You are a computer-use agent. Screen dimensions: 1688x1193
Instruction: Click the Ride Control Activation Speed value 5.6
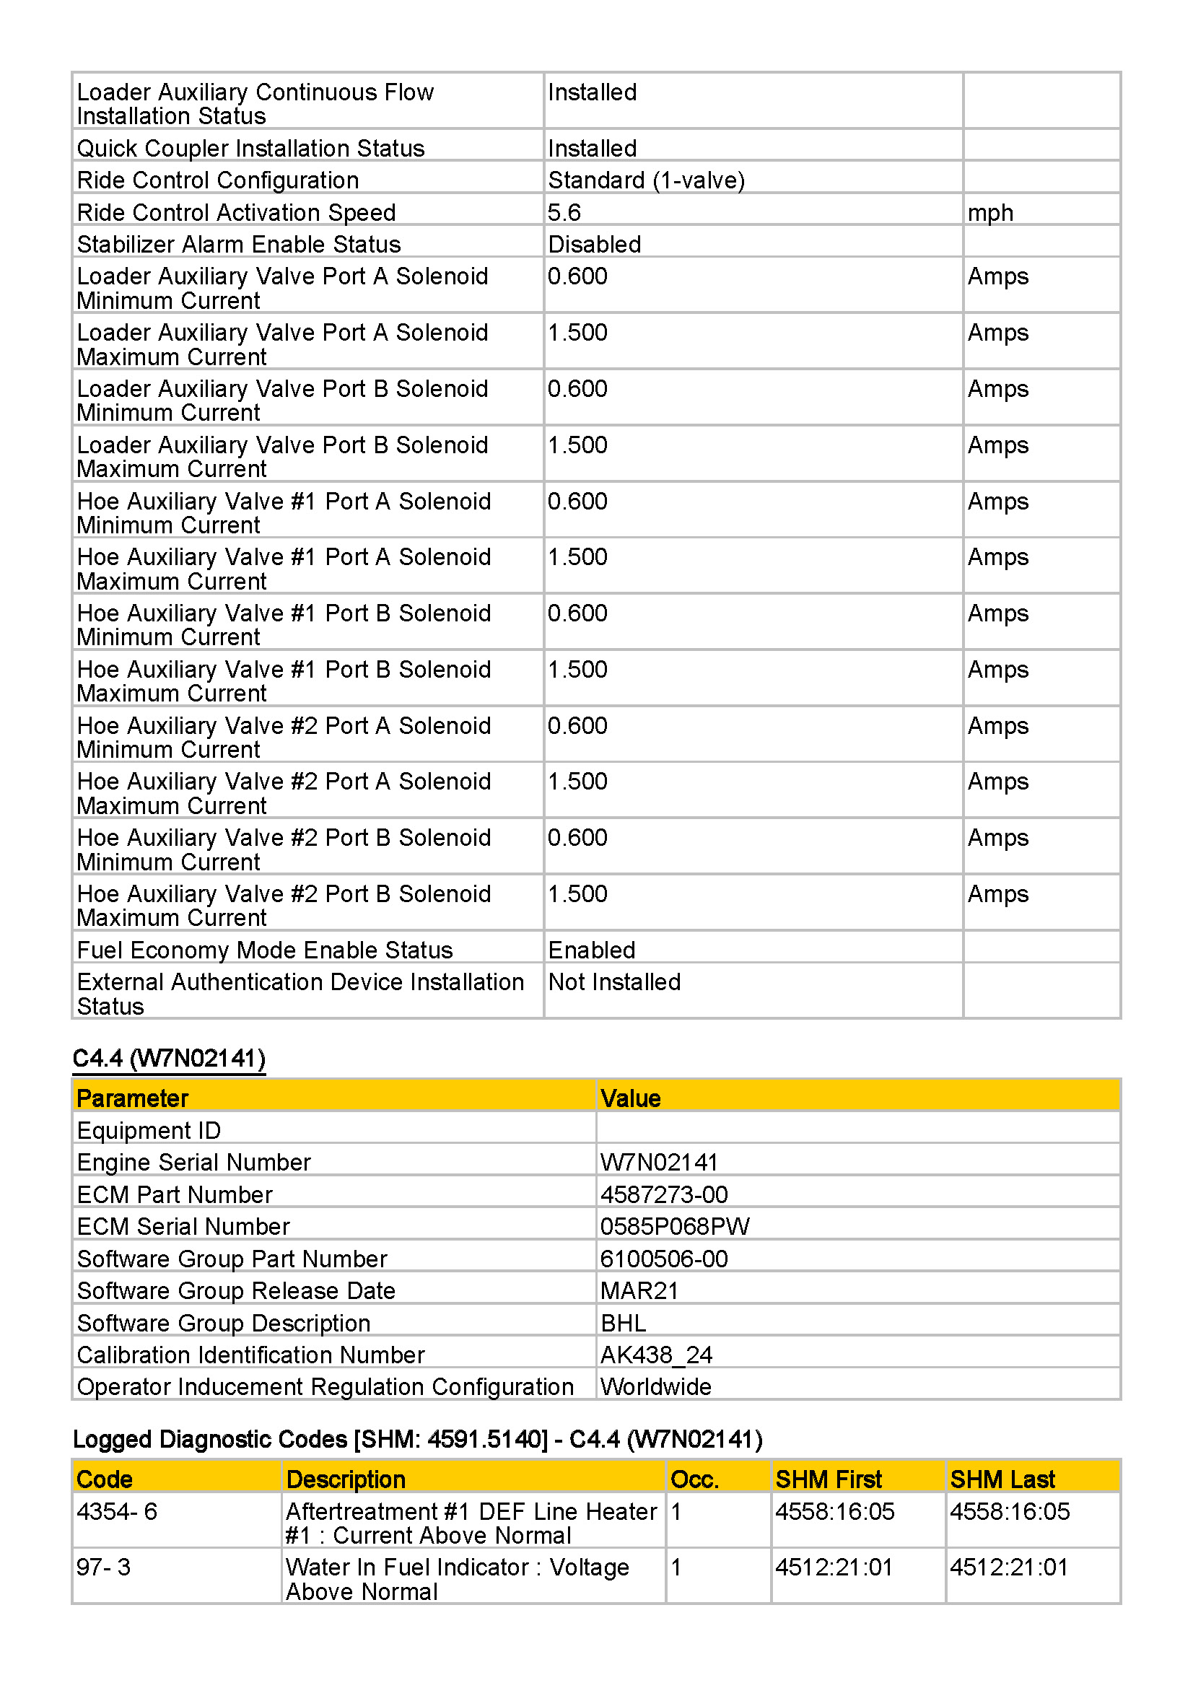click(564, 212)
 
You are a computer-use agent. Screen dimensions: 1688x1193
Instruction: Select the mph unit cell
click(990, 212)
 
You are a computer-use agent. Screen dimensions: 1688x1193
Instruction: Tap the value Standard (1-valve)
click(646, 180)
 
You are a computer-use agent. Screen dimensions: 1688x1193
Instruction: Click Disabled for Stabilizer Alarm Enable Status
click(594, 244)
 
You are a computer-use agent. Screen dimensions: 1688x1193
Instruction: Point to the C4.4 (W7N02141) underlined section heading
click(169, 1058)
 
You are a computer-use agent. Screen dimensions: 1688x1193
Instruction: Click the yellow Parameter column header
click(132, 1098)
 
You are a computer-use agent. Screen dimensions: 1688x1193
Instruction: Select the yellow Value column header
click(630, 1098)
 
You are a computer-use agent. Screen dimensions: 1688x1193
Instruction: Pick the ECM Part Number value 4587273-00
click(664, 1194)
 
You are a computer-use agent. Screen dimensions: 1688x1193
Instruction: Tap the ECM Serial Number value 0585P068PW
click(675, 1226)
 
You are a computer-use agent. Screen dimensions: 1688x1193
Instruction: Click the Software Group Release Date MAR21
click(639, 1290)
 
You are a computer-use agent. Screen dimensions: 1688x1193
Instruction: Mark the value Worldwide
click(655, 1386)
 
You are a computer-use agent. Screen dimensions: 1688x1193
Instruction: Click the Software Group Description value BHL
click(623, 1323)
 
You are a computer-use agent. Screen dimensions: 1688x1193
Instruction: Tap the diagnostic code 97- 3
click(104, 1567)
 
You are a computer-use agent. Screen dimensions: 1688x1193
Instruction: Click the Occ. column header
click(694, 1479)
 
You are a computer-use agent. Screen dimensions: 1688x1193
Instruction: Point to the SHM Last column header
click(1002, 1479)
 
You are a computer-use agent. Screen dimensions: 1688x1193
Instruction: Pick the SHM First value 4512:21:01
click(834, 1567)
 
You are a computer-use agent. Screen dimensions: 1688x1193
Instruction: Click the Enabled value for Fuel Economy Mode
click(591, 950)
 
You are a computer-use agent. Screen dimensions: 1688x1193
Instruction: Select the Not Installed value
click(613, 982)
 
